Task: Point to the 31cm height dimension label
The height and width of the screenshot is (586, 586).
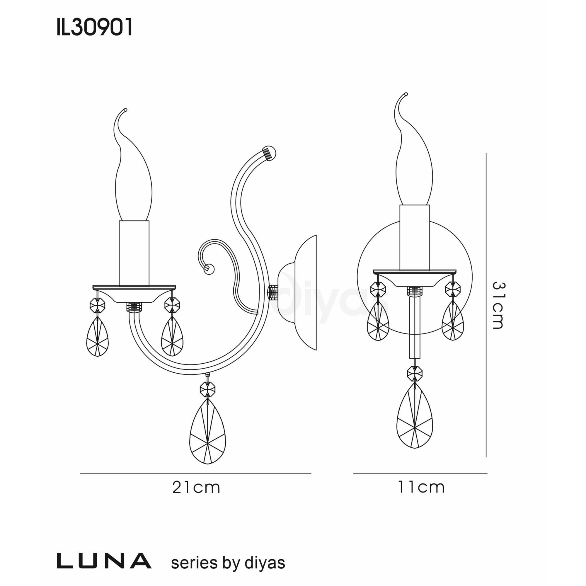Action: click(498, 305)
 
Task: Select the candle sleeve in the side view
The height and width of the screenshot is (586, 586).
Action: click(134, 253)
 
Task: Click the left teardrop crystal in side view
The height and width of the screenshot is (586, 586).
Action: click(97, 337)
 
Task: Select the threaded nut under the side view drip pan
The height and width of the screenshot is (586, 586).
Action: click(134, 307)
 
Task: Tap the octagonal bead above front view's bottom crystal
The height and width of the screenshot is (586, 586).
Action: click(415, 373)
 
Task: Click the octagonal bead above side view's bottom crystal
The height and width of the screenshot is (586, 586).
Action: click(207, 388)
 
